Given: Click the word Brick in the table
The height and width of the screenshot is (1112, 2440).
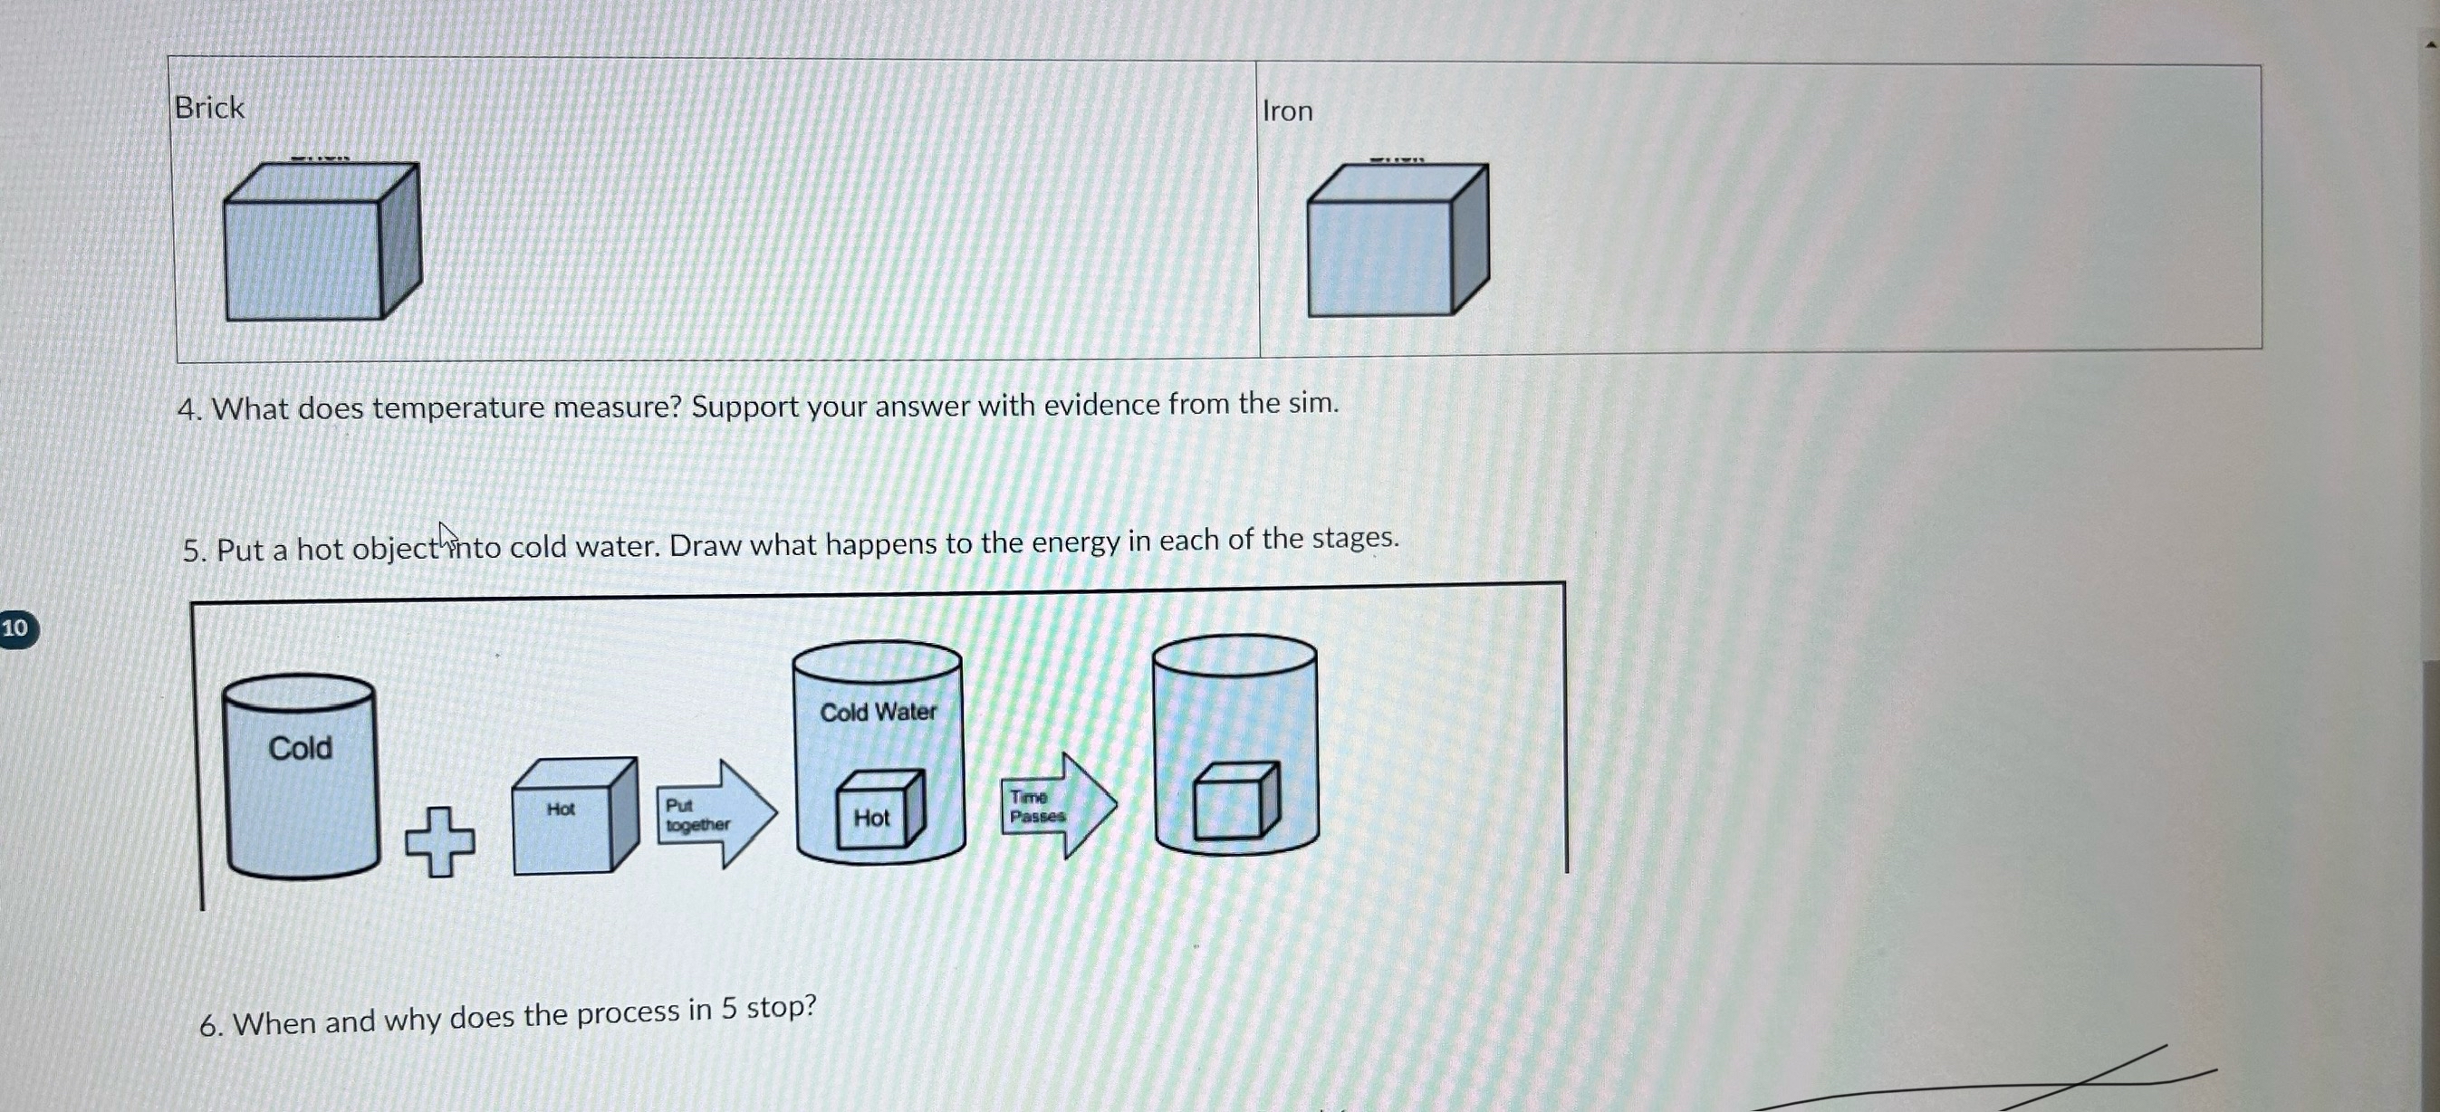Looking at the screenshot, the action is point(209,107).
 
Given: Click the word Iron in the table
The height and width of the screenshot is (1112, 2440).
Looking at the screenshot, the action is point(1287,110).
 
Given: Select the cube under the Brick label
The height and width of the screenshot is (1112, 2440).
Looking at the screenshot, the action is point(322,241).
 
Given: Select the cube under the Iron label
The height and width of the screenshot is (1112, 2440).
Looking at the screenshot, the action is point(1398,240).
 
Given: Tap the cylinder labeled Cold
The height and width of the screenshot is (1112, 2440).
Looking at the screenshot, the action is point(302,776).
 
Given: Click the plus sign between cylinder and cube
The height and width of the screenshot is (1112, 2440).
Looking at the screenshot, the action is point(440,841).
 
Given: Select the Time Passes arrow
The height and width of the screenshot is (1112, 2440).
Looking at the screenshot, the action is point(1059,805).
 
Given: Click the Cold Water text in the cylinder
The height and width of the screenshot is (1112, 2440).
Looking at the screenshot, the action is point(878,712).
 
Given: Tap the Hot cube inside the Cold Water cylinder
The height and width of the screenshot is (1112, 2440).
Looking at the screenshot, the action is point(880,809).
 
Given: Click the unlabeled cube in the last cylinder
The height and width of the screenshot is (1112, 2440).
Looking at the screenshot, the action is point(1236,801).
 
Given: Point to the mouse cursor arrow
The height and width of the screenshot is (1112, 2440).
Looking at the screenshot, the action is point(447,537).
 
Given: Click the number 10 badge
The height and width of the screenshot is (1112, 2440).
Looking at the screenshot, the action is point(16,628).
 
